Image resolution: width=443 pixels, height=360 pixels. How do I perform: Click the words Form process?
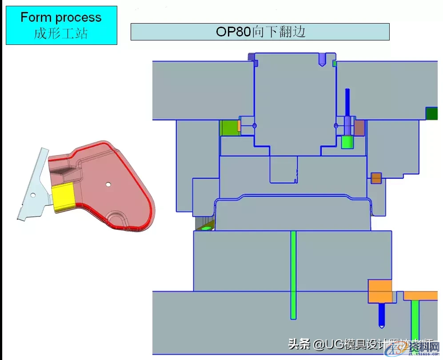point(61,18)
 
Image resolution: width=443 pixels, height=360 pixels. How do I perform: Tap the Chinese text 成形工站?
point(61,33)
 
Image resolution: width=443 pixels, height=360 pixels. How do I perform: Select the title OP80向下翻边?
point(260,32)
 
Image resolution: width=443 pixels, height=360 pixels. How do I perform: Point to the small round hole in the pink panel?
point(108,184)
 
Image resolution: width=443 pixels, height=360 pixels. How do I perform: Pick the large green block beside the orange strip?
point(229,128)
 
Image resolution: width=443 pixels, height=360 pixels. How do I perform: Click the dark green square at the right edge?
point(431,114)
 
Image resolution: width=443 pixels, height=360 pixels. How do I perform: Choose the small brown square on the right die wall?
point(376,178)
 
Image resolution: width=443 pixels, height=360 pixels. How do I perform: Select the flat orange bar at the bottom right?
point(420,296)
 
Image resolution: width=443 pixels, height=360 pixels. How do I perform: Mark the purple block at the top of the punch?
point(251,57)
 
